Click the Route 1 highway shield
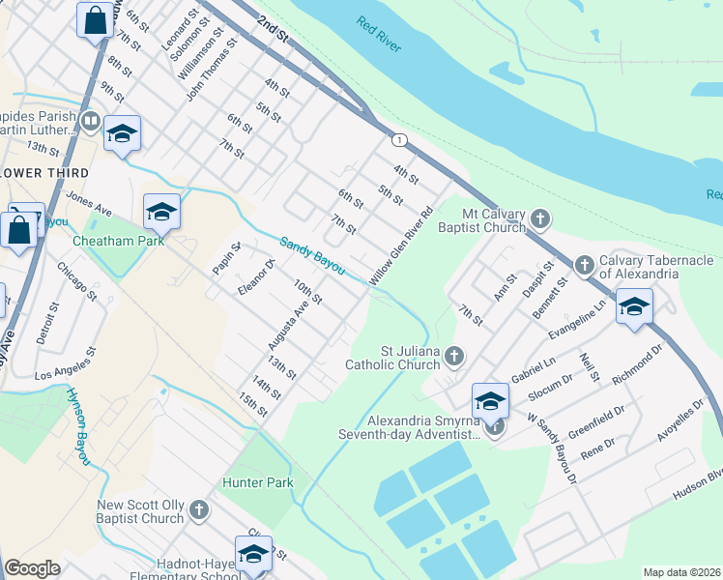398,140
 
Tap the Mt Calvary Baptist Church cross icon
540,219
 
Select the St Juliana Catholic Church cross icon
453,359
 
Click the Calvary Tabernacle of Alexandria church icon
584,265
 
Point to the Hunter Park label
257,481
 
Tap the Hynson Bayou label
77,426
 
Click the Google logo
32,567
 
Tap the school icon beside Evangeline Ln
633,307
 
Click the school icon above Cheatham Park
161,212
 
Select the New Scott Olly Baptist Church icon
199,508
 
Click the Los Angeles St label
69,367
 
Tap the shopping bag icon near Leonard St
97,20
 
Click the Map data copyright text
682,571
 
